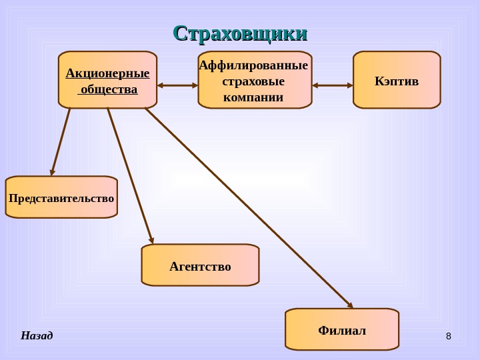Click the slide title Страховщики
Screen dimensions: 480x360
tap(240, 33)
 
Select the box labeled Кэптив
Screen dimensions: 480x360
tap(397, 80)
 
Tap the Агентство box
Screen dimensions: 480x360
tap(200, 265)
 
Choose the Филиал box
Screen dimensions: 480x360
tap(342, 329)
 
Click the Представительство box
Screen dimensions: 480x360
tap(61, 197)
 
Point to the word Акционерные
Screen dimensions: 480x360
tap(107, 73)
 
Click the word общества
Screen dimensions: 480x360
tap(109, 89)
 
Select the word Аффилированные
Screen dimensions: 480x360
tap(254, 65)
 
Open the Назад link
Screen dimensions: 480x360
tap(37, 335)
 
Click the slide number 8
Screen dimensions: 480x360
tap(448, 335)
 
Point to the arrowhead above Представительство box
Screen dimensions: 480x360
tap(53, 171)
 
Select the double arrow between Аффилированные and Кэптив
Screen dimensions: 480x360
tap(333, 85)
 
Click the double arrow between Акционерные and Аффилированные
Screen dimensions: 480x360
tap(177, 85)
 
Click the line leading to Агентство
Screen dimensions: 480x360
tap(130, 175)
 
